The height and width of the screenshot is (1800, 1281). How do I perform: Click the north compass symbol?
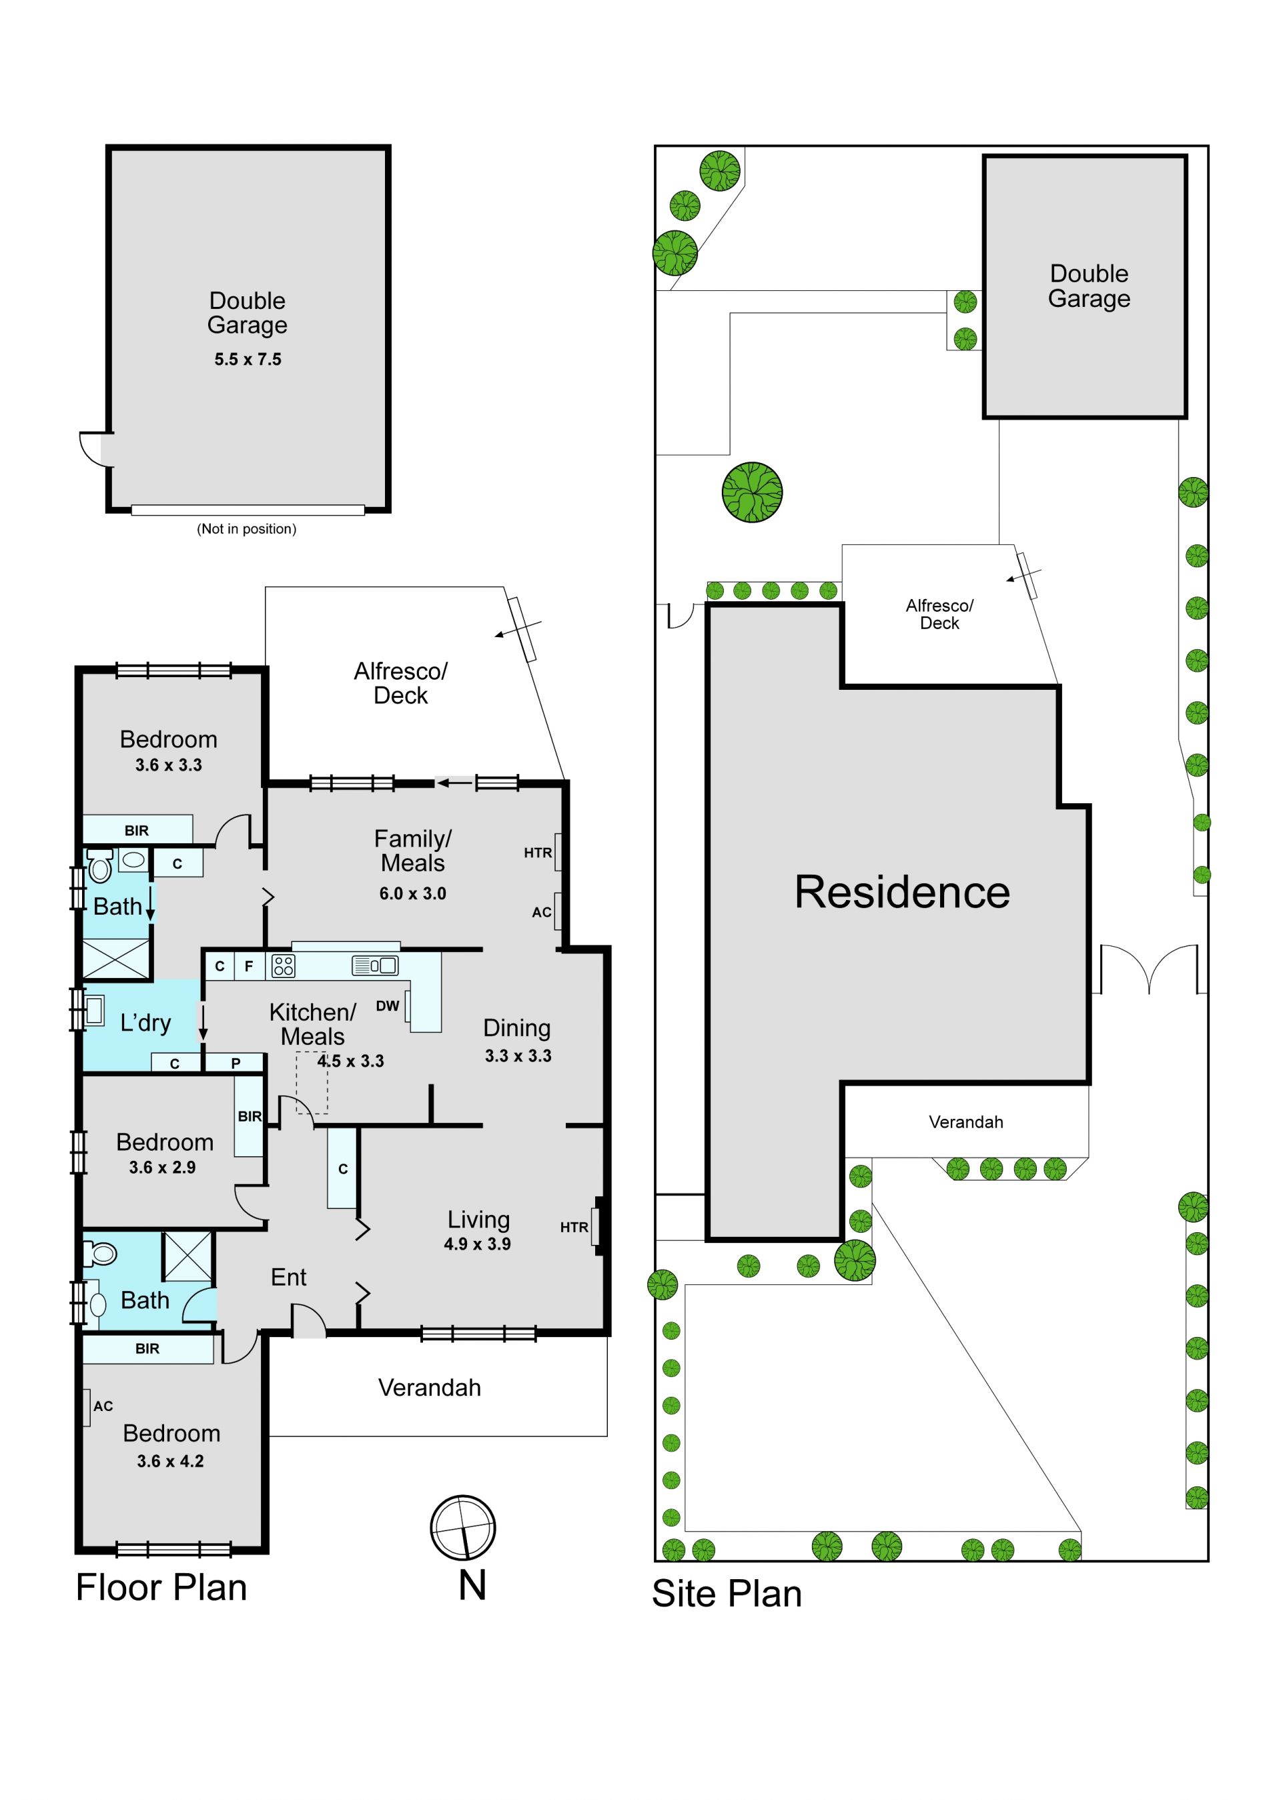[x=463, y=1527]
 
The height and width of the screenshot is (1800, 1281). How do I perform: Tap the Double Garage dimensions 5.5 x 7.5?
[x=248, y=360]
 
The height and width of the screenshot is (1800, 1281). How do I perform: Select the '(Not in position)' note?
[x=247, y=528]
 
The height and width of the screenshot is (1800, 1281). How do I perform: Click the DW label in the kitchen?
[x=387, y=1005]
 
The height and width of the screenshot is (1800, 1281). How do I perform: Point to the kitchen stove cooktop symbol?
[x=283, y=965]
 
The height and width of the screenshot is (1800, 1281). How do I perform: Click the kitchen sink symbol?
[x=376, y=965]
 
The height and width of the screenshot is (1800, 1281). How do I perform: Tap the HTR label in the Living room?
[x=574, y=1228]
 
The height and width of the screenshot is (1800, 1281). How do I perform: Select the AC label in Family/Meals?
[x=542, y=913]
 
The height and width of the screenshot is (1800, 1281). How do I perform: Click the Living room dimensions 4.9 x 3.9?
[x=477, y=1244]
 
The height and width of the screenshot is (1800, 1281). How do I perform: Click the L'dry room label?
[x=145, y=1023]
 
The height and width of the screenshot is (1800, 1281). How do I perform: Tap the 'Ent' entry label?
[x=289, y=1277]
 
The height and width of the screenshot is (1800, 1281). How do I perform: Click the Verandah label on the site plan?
[x=966, y=1121]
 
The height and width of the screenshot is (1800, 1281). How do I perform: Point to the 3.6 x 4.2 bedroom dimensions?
[x=170, y=1461]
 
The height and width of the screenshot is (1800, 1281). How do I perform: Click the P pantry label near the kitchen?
[x=236, y=1063]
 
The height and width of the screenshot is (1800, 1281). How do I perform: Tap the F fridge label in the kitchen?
[x=248, y=965]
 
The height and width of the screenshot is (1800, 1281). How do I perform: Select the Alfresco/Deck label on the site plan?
[x=939, y=614]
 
